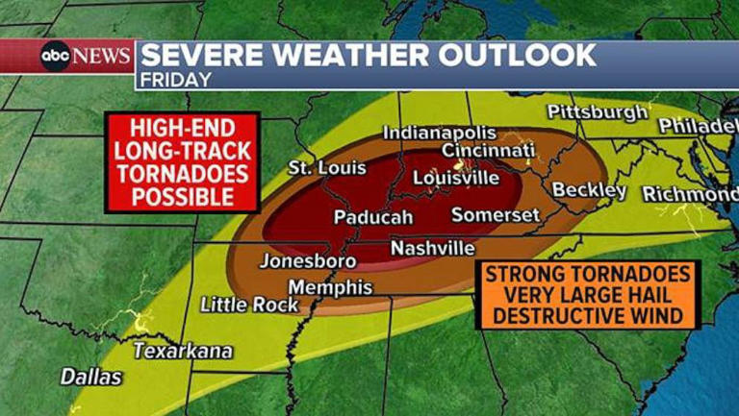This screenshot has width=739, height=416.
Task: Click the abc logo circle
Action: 56,57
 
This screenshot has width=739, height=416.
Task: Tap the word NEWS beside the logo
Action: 102,57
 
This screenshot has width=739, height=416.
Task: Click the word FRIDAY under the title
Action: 175,80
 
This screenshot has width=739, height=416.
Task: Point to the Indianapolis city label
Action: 440,133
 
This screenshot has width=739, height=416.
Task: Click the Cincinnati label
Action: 488,151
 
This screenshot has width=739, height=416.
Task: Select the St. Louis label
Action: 327,168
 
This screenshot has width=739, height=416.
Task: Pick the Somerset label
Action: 496,215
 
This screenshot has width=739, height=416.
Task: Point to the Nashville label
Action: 432,249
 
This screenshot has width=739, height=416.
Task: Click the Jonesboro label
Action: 308,261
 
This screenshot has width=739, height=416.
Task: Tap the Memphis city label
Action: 330,287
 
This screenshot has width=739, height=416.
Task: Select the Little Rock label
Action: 250,305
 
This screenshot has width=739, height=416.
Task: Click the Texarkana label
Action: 183,351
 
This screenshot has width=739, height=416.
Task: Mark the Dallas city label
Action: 91,377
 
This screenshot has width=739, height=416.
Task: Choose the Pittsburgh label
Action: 598,112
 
